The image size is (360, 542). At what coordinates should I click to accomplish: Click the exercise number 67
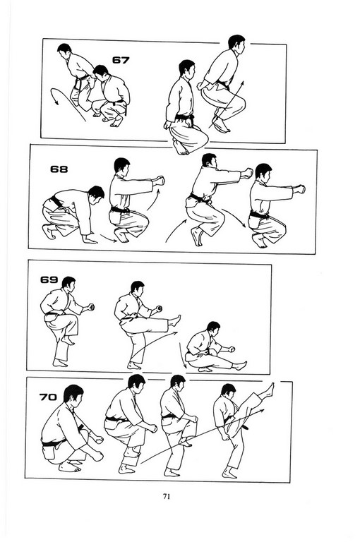click(x=121, y=60)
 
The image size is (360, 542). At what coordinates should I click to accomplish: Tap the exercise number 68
click(x=59, y=169)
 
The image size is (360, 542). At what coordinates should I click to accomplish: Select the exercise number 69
click(x=49, y=279)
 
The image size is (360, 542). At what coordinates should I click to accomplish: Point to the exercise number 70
click(x=48, y=397)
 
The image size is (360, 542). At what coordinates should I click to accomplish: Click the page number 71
click(x=167, y=496)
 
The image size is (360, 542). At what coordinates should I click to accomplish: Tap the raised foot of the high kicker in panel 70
click(x=268, y=390)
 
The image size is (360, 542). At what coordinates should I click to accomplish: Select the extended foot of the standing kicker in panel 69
click(x=175, y=321)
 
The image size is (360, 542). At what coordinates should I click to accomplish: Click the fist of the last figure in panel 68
click(x=300, y=189)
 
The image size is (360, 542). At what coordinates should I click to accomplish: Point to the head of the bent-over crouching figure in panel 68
click(x=96, y=193)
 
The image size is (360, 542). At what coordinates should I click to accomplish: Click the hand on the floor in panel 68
click(x=90, y=240)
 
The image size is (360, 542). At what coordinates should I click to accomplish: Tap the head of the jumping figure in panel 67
click(x=236, y=42)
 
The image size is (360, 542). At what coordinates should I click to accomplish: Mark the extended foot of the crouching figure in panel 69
click(x=240, y=365)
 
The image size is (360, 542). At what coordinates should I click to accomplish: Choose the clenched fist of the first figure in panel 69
click(x=90, y=307)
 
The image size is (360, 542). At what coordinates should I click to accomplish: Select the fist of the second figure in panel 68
click(x=160, y=181)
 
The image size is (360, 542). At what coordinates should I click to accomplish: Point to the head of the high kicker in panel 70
click(x=229, y=390)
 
